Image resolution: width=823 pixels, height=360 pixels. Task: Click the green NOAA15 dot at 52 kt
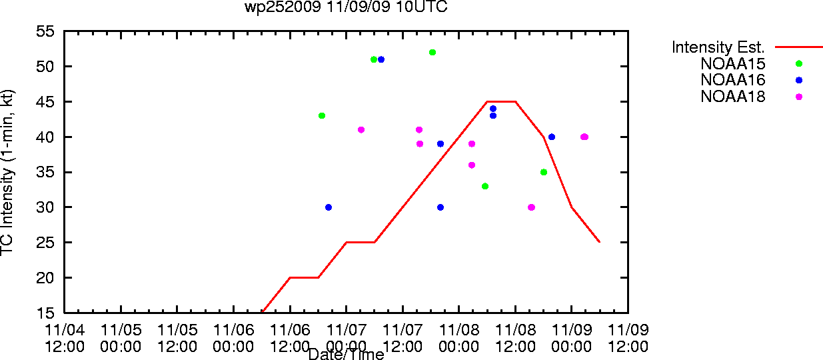click(432, 52)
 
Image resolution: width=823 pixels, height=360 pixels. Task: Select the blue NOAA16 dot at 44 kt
click(493, 109)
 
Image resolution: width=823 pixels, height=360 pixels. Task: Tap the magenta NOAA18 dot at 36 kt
click(472, 165)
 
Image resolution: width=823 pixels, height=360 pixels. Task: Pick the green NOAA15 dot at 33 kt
click(485, 186)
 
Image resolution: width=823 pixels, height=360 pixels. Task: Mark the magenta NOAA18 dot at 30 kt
click(531, 207)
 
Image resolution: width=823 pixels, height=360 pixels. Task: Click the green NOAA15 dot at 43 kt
click(322, 116)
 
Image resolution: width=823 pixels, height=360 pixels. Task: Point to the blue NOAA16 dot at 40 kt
click(552, 137)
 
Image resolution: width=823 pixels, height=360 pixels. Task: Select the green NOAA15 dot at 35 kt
click(544, 172)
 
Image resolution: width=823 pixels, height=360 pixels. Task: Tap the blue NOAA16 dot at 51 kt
click(381, 59)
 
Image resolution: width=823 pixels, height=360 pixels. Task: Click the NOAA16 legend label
click(732, 80)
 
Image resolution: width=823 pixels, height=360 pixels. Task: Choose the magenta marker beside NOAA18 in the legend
click(799, 97)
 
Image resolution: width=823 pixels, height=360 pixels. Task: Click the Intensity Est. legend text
click(718, 47)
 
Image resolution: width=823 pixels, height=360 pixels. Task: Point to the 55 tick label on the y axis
click(45, 31)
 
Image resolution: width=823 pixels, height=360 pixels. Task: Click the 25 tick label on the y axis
click(45, 242)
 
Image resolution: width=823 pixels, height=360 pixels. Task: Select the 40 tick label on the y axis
click(45, 137)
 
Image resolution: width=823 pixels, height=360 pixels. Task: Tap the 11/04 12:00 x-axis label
click(65, 338)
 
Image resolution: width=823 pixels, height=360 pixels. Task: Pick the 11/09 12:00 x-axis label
click(628, 338)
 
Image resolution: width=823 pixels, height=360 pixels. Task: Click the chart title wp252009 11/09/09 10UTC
click(346, 7)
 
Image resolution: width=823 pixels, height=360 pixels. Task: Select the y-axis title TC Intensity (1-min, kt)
click(7, 172)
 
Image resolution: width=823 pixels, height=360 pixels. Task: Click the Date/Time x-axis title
click(346, 354)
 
